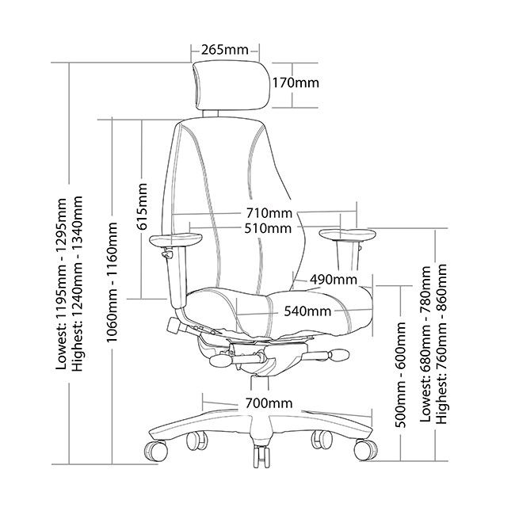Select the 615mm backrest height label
click(x=143, y=208)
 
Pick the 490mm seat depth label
click(x=332, y=280)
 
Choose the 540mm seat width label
click(x=307, y=311)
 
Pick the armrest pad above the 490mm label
click(x=348, y=234)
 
